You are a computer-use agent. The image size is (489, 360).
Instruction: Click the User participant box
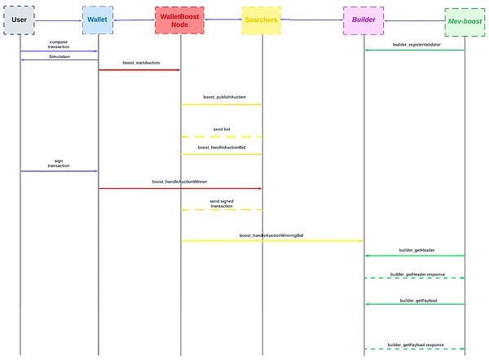20,20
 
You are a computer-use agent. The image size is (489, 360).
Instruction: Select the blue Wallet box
98,20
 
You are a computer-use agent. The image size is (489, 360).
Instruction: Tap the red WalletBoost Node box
179,20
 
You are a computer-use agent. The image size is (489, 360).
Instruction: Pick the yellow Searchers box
262,20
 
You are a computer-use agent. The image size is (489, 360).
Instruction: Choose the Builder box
363,20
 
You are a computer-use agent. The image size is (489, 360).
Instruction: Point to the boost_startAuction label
140,63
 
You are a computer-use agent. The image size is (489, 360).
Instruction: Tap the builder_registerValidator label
416,45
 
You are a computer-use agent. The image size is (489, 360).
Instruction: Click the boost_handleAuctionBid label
221,147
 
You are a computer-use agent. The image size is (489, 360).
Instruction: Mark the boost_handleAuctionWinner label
179,182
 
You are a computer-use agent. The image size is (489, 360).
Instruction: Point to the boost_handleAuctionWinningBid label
271,235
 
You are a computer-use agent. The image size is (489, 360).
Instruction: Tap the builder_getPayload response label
416,344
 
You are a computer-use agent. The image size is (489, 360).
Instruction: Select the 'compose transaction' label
59,44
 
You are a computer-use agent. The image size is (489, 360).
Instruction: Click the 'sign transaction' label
59,164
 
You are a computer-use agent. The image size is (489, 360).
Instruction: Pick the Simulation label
59,57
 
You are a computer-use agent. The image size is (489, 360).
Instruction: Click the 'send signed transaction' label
222,203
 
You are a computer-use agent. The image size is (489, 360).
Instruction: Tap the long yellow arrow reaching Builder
271,241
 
